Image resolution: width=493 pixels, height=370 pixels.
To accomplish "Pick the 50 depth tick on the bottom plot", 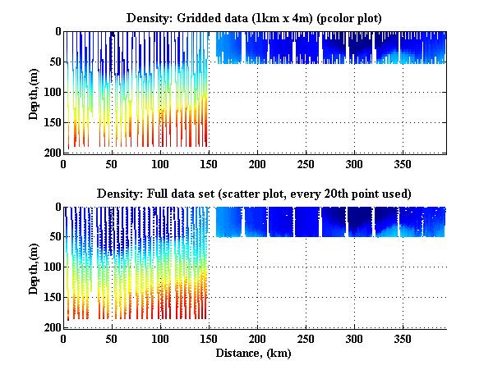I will pos(54,238).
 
